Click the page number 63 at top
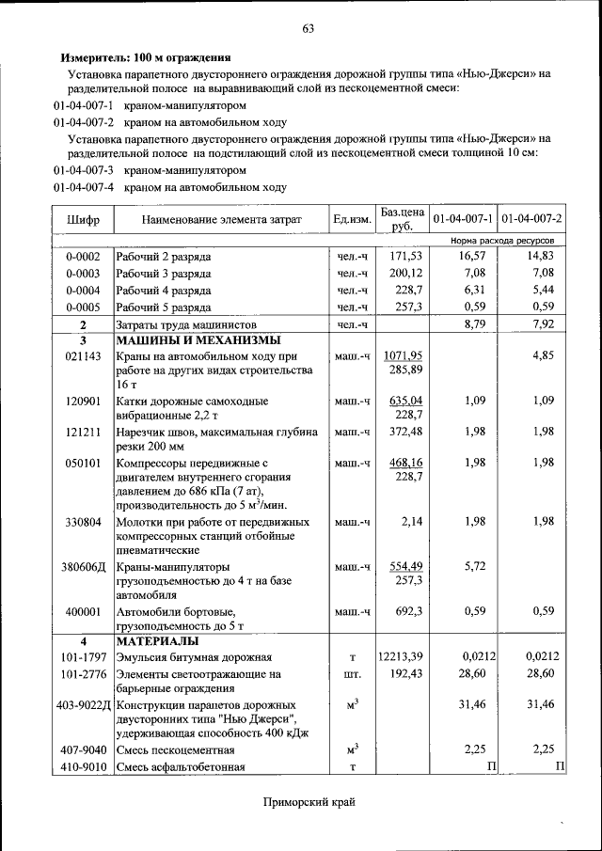point(308,28)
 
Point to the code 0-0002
point(83,256)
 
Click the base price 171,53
point(405,256)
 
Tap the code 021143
point(83,357)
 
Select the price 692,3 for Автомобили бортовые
point(405,611)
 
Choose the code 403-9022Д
point(83,705)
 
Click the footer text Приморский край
point(309,801)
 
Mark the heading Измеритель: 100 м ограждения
point(146,57)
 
